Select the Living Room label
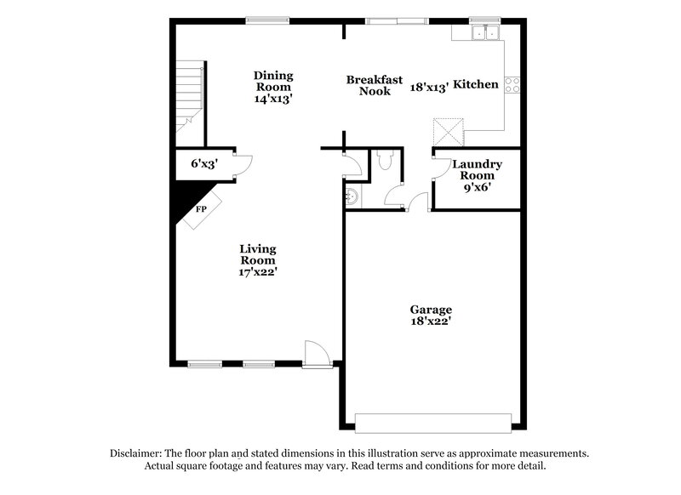257,254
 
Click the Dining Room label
273,81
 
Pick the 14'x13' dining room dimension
273,99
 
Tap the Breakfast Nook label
375,85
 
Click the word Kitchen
475,85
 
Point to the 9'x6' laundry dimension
477,187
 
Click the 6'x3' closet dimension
204,163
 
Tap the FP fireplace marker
202,208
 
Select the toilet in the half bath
383,161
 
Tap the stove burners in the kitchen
513,84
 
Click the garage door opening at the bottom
432,423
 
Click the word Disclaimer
136,453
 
